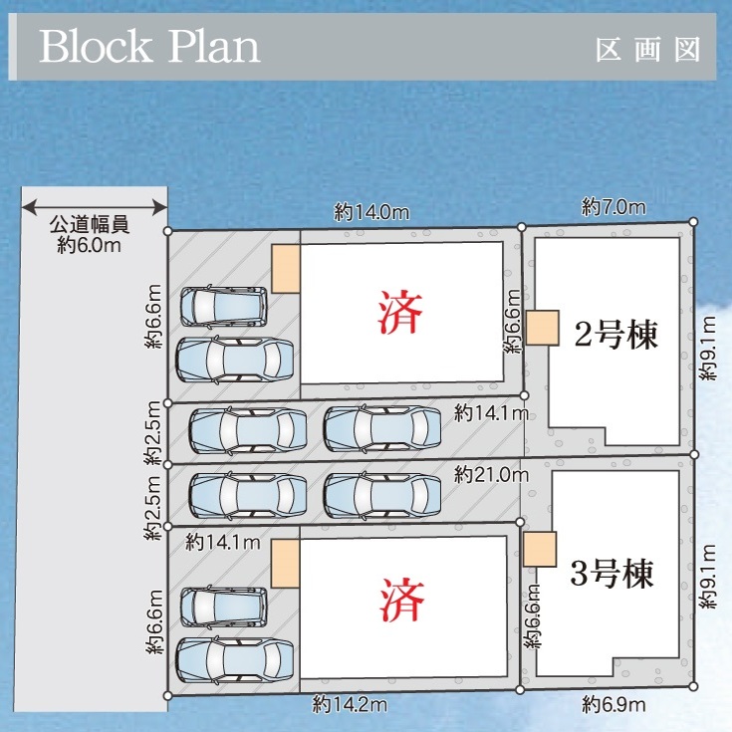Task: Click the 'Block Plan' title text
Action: [149, 46]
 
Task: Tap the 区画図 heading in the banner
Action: [648, 50]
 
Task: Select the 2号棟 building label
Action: [615, 335]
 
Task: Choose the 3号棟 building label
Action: [612, 573]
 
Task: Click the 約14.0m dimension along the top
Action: [371, 212]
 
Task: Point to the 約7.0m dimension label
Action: [613, 207]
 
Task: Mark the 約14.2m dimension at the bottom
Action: [350, 704]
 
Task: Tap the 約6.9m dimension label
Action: [613, 704]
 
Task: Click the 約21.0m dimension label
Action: [492, 475]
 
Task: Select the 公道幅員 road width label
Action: [90, 224]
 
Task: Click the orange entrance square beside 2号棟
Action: [543, 328]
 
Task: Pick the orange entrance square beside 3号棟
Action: [540, 549]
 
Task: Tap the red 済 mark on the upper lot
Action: [399, 312]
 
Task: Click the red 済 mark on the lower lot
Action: [402, 600]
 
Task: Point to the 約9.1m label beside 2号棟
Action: [708, 349]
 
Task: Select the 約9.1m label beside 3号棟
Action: [708, 577]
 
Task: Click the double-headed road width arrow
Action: [95, 207]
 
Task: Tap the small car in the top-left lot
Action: [224, 307]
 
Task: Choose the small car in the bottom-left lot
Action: [224, 607]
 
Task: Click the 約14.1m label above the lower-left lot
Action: [223, 543]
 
